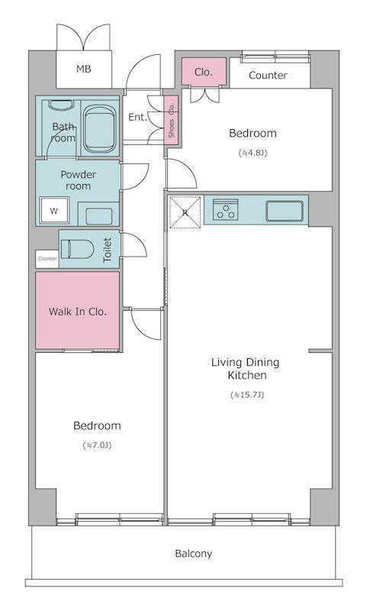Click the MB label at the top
[84, 70]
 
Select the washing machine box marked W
[54, 211]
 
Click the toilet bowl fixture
[77, 249]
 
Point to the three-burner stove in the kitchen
[225, 209]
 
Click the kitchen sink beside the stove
[285, 211]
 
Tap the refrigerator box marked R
[185, 212]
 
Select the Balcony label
[193, 553]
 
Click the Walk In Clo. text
[77, 312]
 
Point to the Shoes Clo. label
[171, 121]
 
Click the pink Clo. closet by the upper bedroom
[204, 72]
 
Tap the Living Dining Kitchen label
[246, 369]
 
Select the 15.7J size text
[247, 395]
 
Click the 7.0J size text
[97, 445]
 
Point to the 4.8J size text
[253, 153]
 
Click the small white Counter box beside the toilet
[47, 259]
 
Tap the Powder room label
[79, 180]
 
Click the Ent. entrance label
[138, 117]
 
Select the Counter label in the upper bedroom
[268, 75]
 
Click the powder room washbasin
[99, 215]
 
